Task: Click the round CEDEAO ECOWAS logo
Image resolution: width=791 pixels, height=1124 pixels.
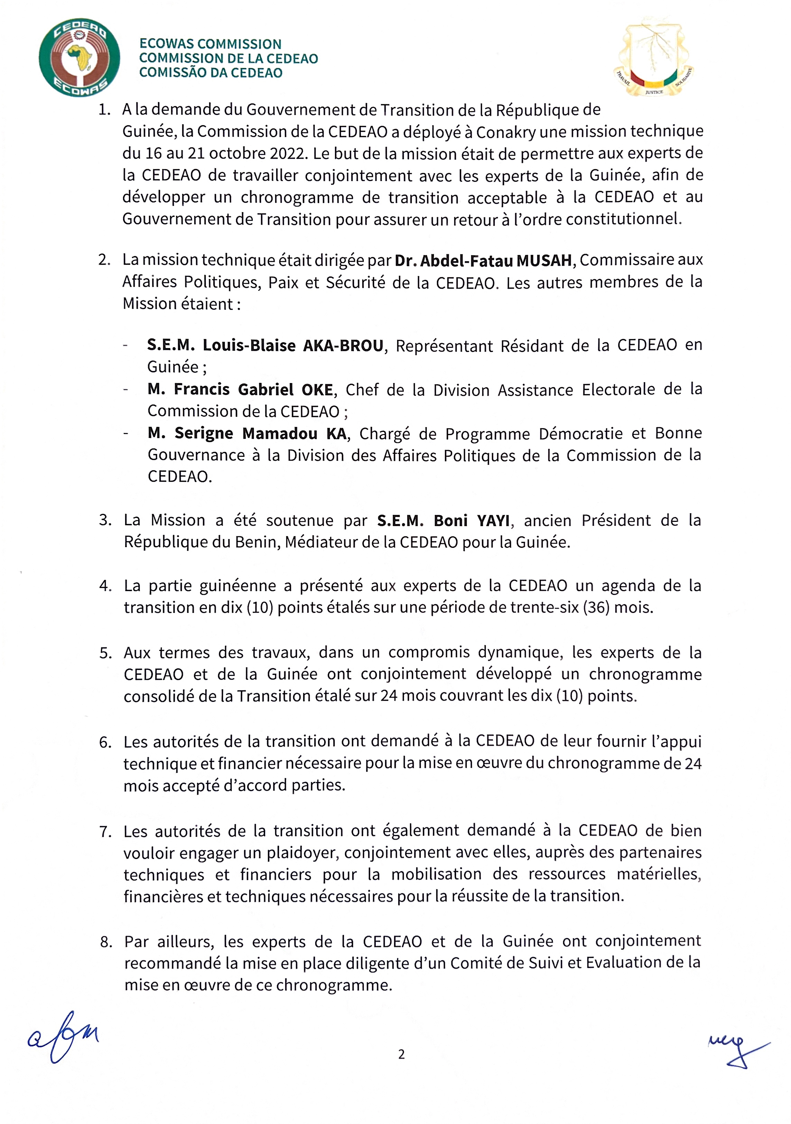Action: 79,58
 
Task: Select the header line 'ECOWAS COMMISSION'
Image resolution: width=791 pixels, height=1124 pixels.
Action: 210,44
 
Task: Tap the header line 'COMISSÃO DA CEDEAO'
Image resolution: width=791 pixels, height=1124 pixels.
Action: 211,73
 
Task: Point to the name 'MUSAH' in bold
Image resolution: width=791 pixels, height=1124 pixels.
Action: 544,261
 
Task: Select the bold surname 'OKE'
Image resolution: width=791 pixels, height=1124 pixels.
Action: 317,390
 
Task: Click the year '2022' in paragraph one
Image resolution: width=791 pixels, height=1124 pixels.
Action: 289,154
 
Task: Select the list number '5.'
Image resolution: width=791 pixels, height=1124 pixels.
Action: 106,653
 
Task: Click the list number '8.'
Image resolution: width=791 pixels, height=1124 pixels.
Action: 106,941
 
